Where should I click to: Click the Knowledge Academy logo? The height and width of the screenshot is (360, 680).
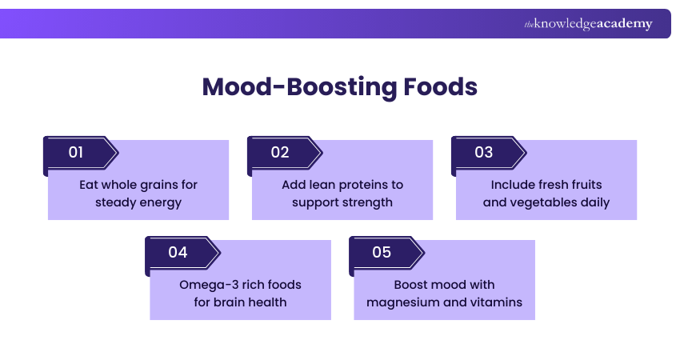tap(588, 24)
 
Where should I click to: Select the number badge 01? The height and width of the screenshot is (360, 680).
tap(76, 152)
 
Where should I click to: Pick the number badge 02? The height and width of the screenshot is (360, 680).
tap(280, 152)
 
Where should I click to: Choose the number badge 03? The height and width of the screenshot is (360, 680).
tap(484, 152)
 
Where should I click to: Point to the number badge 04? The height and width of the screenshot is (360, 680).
tap(178, 252)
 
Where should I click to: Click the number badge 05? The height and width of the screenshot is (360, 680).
tap(382, 252)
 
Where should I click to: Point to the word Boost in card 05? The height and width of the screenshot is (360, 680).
tap(412, 285)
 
